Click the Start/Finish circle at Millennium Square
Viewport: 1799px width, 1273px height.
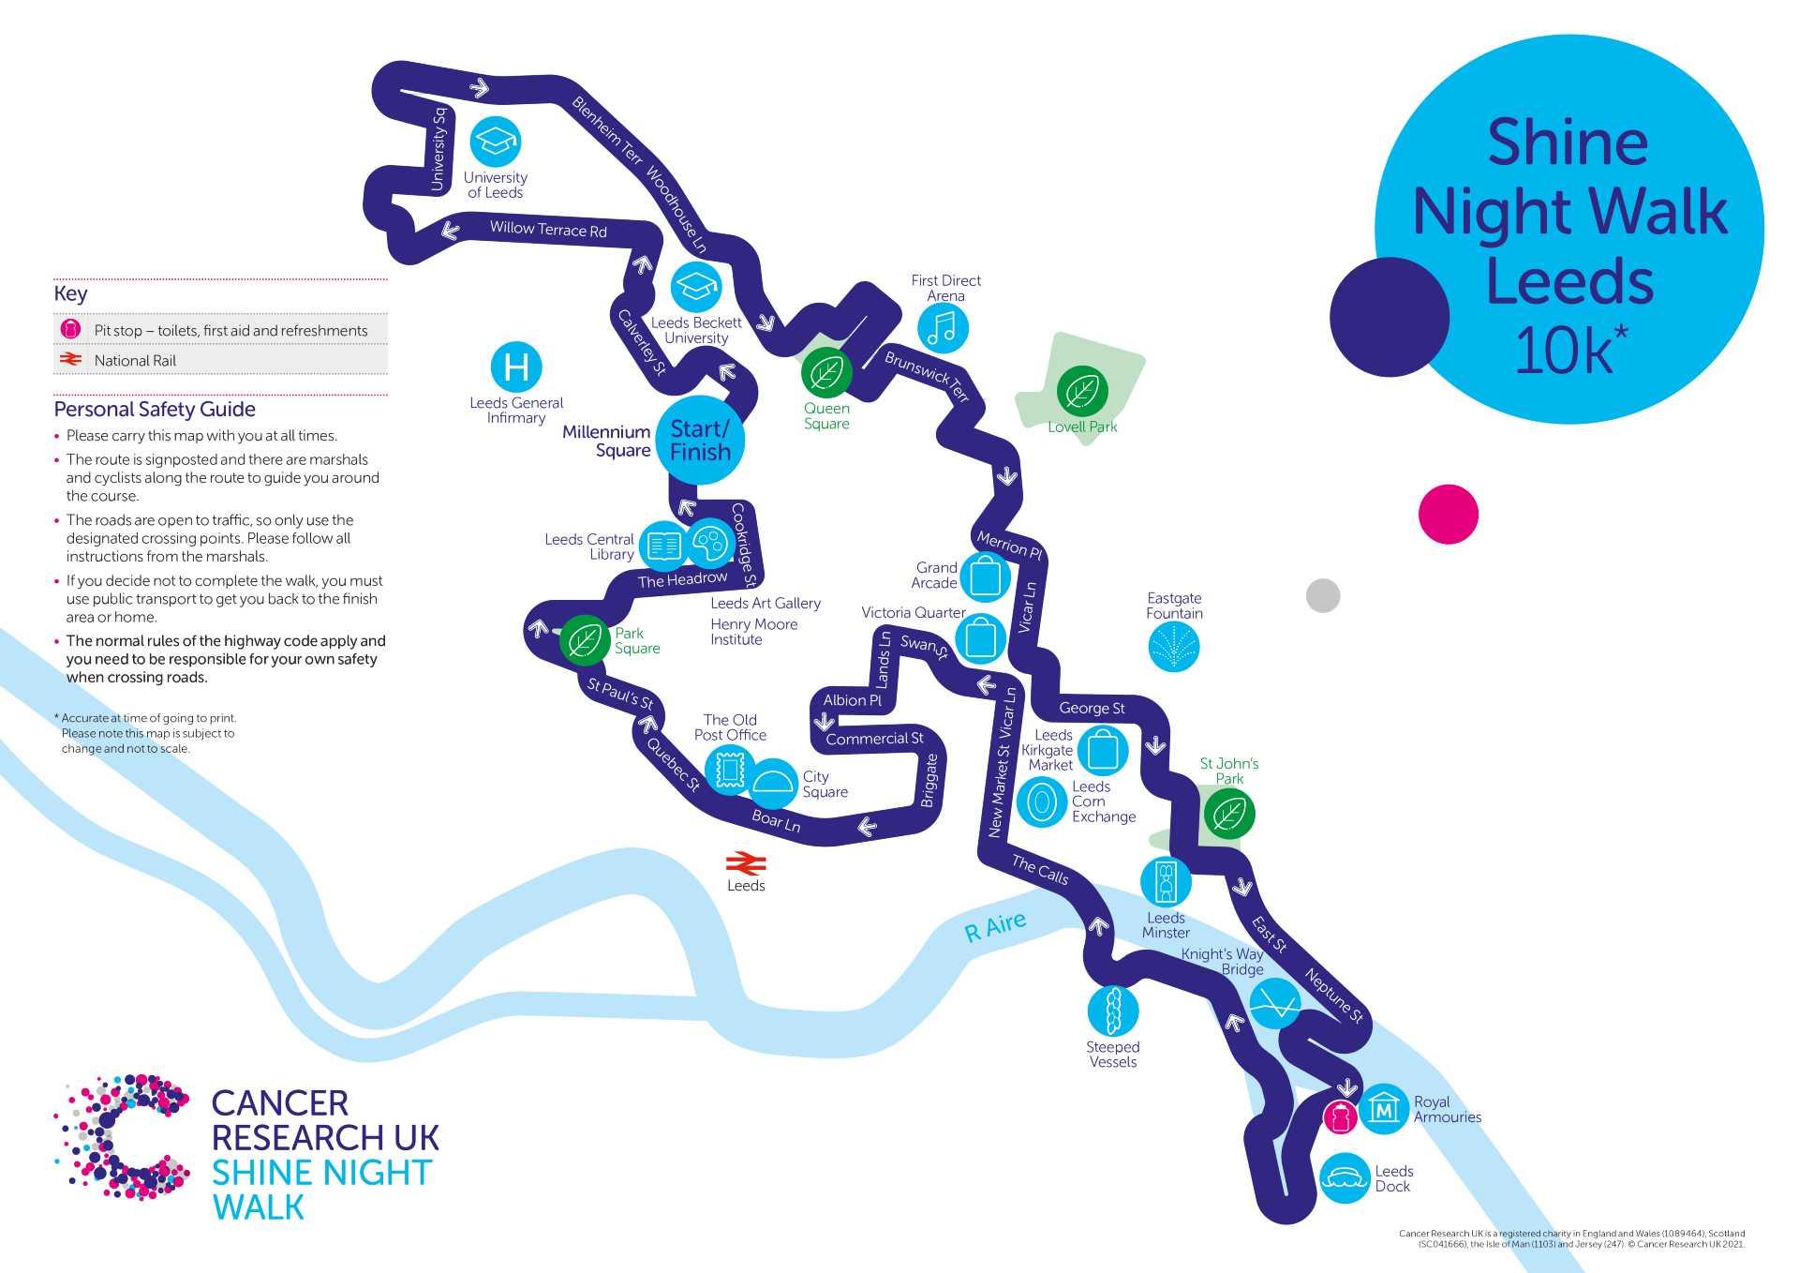(700, 441)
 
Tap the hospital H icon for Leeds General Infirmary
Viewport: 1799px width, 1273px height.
(516, 367)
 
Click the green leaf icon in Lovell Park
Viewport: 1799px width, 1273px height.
(1082, 392)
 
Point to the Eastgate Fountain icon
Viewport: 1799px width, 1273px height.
(1174, 647)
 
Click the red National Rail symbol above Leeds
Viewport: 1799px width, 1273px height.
(746, 863)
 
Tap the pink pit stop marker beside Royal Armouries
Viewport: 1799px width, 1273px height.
(1340, 1117)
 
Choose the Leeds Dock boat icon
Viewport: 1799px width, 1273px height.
(1346, 1178)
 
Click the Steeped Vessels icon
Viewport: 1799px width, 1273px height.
(1113, 1011)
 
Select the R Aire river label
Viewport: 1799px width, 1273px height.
(995, 926)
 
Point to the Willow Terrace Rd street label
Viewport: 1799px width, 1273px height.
(548, 229)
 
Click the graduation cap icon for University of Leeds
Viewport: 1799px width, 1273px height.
(495, 142)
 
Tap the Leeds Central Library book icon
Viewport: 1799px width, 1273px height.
(664, 546)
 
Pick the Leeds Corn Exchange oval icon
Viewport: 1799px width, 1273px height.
(1041, 801)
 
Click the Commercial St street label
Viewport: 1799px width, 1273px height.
(874, 739)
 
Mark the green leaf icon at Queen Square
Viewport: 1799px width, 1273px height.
(826, 372)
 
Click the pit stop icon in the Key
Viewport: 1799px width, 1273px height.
(70, 330)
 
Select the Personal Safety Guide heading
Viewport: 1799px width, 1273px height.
(155, 409)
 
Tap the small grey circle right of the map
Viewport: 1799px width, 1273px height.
(1323, 595)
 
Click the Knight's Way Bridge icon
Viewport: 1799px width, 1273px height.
(1274, 1003)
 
